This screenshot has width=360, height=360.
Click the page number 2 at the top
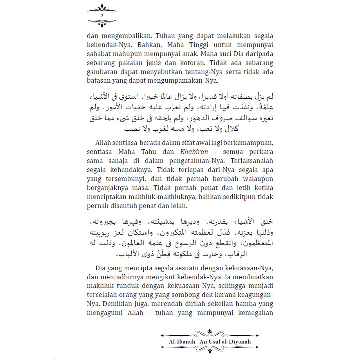pos(102,15)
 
